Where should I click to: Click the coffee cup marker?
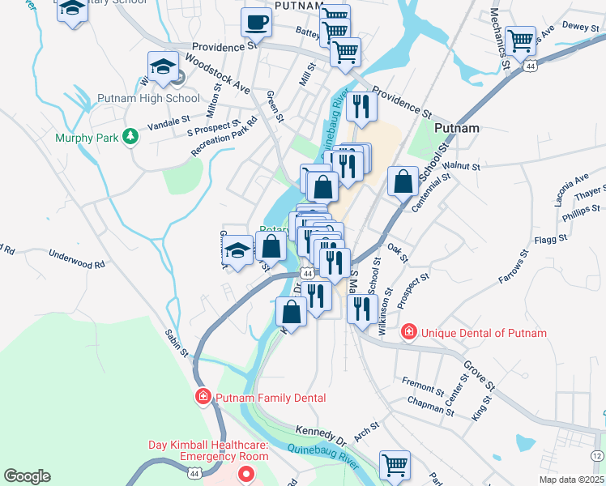pos(257,22)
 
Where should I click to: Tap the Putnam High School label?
pos(148,99)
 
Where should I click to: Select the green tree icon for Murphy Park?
pos(128,136)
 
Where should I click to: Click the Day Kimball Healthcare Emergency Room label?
pos(207,451)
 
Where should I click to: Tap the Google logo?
pos(27,476)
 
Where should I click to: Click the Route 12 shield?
pos(597,457)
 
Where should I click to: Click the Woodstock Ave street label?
pos(218,72)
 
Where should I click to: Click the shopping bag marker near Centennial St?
pos(403,182)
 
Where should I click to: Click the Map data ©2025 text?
pos(572,480)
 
